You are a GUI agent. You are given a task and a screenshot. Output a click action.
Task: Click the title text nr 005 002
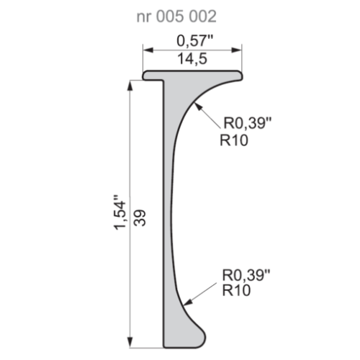click(176, 15)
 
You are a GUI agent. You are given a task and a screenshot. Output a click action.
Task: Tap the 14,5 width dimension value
click(192, 60)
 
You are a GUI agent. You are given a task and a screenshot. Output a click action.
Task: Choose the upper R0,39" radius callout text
click(246, 124)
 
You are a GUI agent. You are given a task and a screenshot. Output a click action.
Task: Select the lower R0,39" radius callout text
click(246, 274)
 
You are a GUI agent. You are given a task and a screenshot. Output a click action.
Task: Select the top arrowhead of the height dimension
click(130, 85)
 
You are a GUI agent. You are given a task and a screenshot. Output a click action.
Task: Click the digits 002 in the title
click(199, 15)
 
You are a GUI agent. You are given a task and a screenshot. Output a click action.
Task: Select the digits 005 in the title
click(171, 15)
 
